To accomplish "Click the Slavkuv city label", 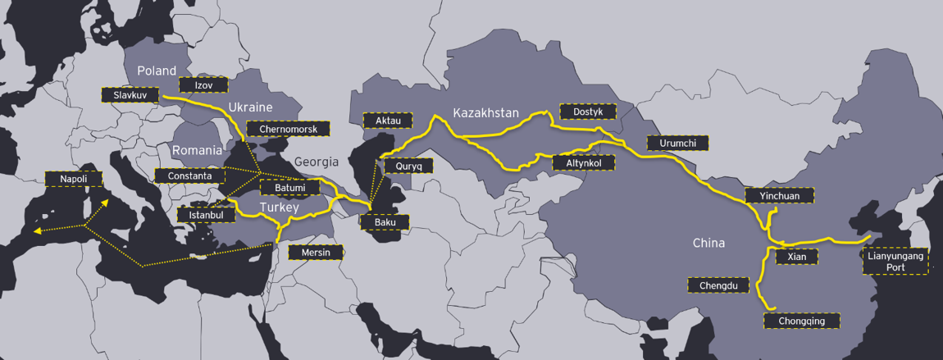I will (130, 95).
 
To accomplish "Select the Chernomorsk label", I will (288, 129).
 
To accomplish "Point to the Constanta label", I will (189, 175).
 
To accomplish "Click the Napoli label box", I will (72, 179).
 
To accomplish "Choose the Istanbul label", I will (206, 215).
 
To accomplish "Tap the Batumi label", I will (290, 188).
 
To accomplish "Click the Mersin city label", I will (316, 252).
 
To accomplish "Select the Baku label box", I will (385, 221).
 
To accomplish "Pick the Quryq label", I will (408, 166).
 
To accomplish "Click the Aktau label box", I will (388, 121).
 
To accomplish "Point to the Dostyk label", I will (587, 111).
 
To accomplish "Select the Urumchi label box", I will (677, 143).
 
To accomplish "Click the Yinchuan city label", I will (779, 195).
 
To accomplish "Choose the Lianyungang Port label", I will (895, 262).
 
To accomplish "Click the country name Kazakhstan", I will (486, 112).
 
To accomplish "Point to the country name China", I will (708, 244).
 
